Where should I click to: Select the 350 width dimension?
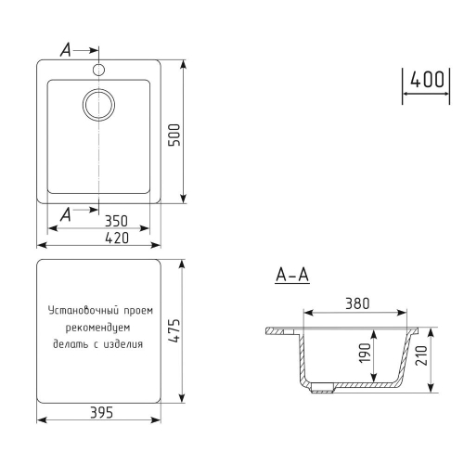pyautogui.click(x=116, y=222)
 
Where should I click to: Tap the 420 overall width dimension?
pyautogui.click(x=116, y=238)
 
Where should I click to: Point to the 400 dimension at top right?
pyautogui.click(x=426, y=80)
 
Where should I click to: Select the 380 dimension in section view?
pyautogui.click(x=357, y=303)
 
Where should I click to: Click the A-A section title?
pyautogui.click(x=292, y=276)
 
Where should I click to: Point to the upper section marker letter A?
pyautogui.click(x=65, y=50)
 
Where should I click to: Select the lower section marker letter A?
pyautogui.click(x=65, y=215)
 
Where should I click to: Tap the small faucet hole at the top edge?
pyautogui.click(x=98, y=70)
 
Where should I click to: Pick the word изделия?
pyautogui.click(x=123, y=344)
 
